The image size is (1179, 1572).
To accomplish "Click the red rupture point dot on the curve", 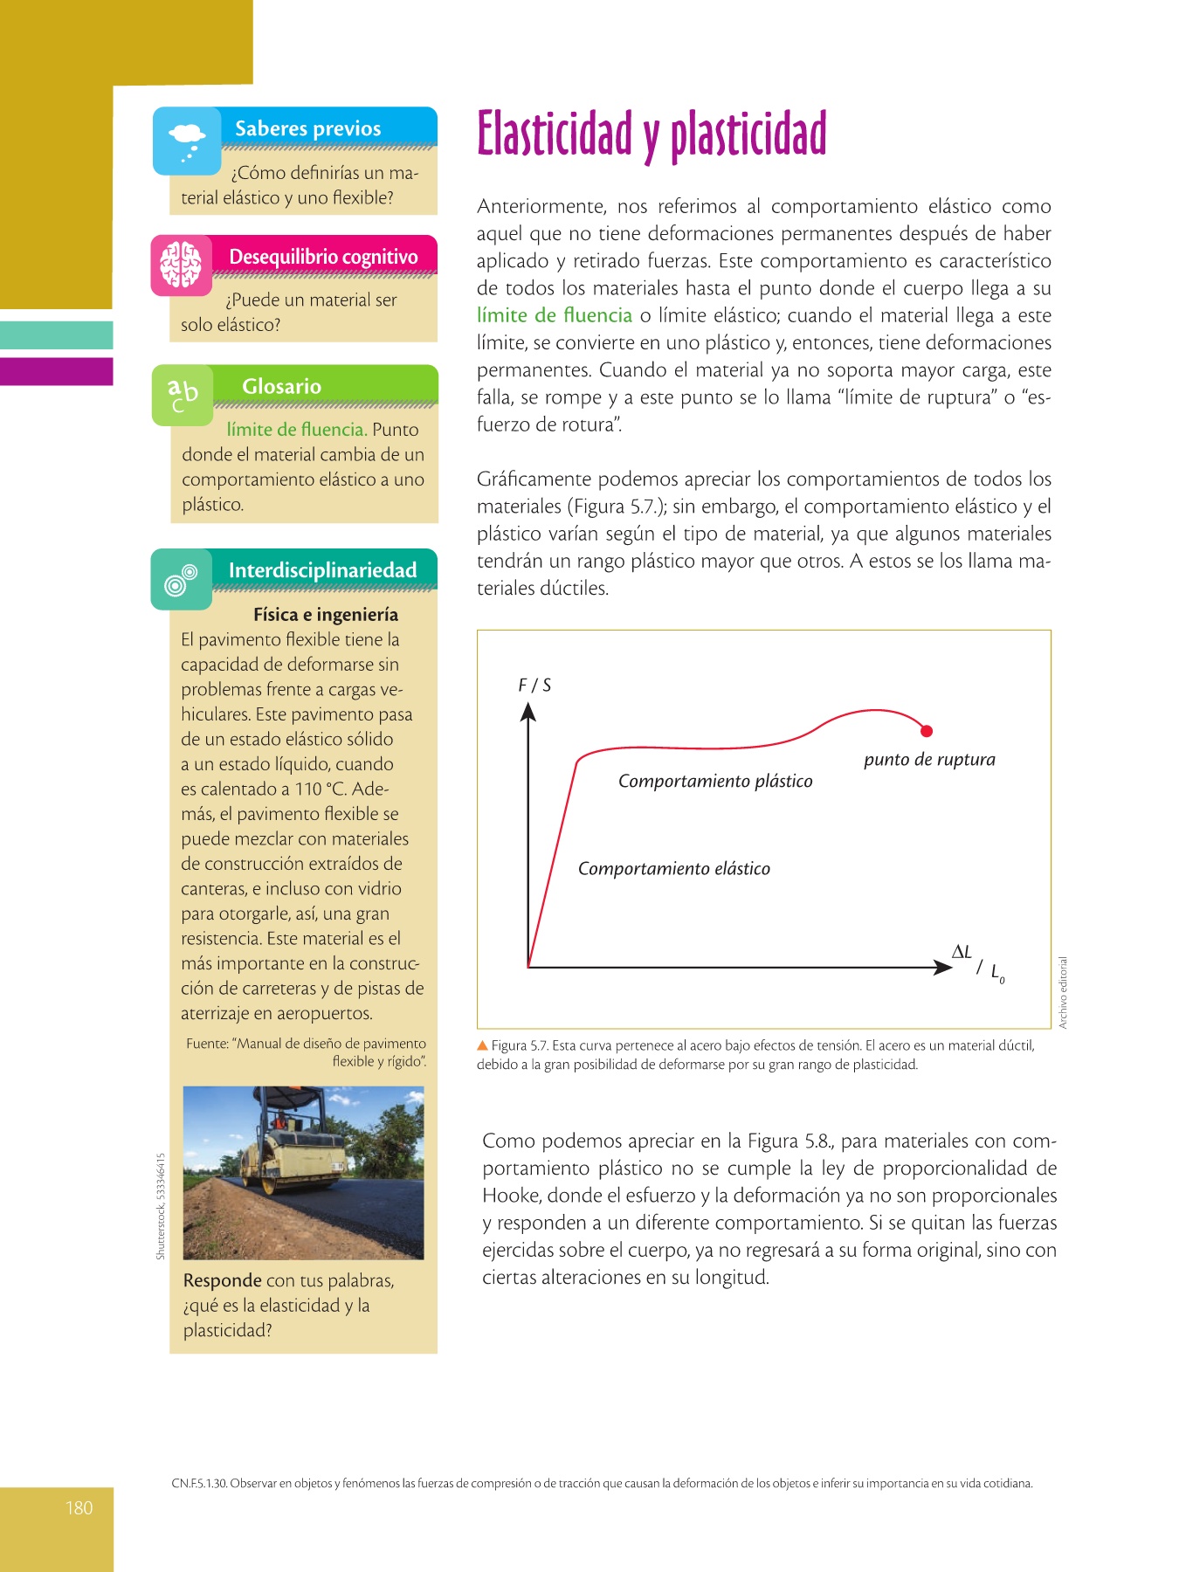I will (927, 731).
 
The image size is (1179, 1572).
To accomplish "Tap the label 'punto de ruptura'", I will (929, 760).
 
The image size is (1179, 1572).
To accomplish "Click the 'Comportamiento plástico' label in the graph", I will (715, 782).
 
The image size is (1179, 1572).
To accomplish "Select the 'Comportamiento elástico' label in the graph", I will (674, 869).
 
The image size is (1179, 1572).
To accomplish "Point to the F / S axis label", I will (534, 686).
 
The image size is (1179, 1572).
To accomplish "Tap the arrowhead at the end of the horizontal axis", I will (942, 967).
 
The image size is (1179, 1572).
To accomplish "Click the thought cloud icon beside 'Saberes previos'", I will (187, 141).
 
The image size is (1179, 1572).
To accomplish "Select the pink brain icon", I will (181, 264).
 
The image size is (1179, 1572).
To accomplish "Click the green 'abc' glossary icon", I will (183, 395).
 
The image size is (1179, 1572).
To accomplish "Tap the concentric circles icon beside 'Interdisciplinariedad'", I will (181, 579).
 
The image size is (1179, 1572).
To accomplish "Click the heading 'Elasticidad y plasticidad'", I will (652, 134).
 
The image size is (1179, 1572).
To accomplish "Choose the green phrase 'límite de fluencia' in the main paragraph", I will (555, 316).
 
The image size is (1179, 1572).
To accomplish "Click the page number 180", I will (79, 1508).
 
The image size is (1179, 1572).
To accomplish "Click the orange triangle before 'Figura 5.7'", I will (482, 1045).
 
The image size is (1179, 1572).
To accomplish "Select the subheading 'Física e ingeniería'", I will (326, 615).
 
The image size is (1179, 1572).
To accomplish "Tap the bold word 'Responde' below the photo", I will (222, 1281).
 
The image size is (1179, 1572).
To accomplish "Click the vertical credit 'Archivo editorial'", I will (1063, 993).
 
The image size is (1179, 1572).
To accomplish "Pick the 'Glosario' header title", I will (281, 387).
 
